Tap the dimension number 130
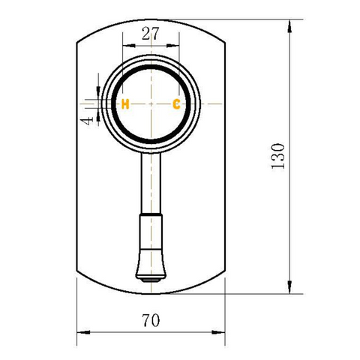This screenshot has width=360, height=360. [x=278, y=156]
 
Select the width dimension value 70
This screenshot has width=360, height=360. [x=151, y=320]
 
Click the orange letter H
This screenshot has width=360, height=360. [x=125, y=103]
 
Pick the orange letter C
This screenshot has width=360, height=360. [x=176, y=103]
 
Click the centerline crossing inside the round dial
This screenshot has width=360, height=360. [x=151, y=103]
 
